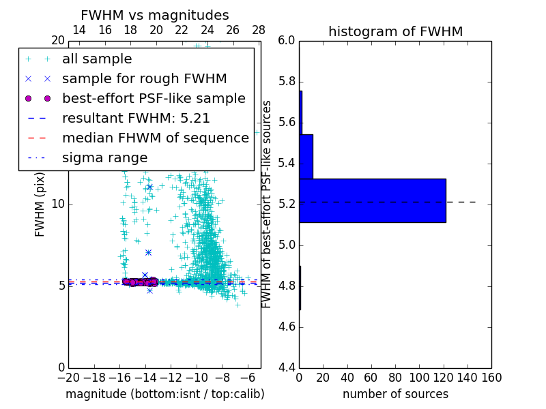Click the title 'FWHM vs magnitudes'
(x=155, y=16)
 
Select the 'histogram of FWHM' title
(x=395, y=31)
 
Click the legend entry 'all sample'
(x=97, y=59)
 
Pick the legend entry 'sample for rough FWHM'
(x=144, y=79)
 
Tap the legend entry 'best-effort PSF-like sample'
(x=154, y=99)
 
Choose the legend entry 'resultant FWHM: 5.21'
(x=136, y=119)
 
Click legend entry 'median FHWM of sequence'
(x=155, y=138)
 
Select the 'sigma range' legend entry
(x=104, y=158)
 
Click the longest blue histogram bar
(x=372, y=200)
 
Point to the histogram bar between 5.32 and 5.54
(x=306, y=156)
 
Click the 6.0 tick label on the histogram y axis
(x=287, y=41)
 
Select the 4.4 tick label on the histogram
(x=287, y=367)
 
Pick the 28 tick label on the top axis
(x=259, y=31)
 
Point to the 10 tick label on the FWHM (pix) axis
(x=58, y=204)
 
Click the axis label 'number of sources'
(x=395, y=395)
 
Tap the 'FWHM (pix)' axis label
(x=40, y=203)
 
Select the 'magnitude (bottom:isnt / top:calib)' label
(x=164, y=395)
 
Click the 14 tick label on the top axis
(x=79, y=31)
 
